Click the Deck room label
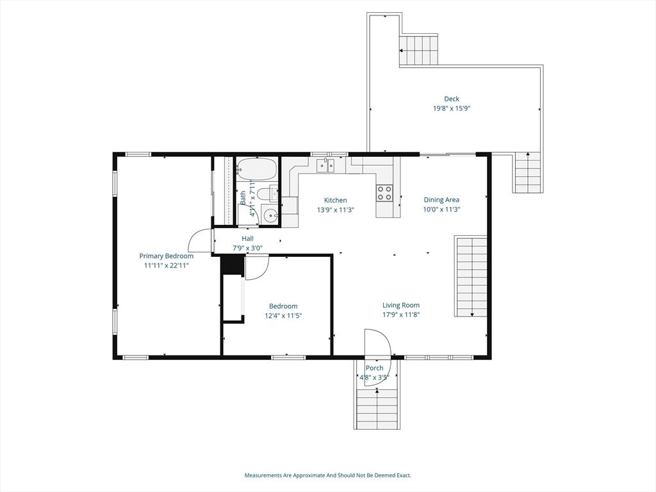tap(452, 99)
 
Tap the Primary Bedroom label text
tap(166, 256)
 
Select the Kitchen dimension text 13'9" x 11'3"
tap(336, 209)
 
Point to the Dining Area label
tap(441, 200)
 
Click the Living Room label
tap(401, 306)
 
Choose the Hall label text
tap(247, 238)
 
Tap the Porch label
tap(374, 368)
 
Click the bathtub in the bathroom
tap(256, 169)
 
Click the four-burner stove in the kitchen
tap(385, 193)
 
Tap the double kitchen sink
tap(325, 166)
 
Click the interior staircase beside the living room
tap(471, 277)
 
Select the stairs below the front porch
tap(377, 409)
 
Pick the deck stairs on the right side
tap(528, 172)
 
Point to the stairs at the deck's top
tap(419, 51)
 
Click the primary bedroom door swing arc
tap(199, 239)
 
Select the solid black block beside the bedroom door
tap(232, 265)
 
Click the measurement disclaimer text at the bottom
tap(328, 475)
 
